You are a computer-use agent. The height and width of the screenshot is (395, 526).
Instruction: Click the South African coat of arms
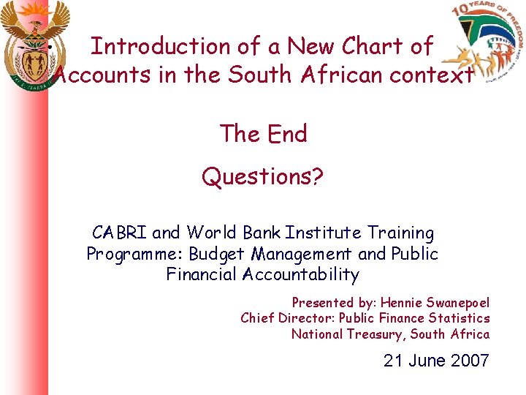pos(35,48)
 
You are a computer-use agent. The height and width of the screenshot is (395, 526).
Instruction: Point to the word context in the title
pos(432,75)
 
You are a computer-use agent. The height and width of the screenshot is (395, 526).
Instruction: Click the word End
pos(287,134)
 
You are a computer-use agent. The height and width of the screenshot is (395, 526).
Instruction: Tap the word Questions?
pos(263,176)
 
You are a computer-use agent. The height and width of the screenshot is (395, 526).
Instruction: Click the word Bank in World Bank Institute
pos(262,233)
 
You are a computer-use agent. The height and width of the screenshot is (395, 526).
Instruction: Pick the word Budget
pos(217,254)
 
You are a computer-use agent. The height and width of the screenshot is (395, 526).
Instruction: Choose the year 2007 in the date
pos(469,360)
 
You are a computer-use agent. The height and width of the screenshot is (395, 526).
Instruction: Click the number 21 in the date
pos(394,360)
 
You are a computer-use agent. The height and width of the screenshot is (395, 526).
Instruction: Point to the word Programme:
pos(135,254)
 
